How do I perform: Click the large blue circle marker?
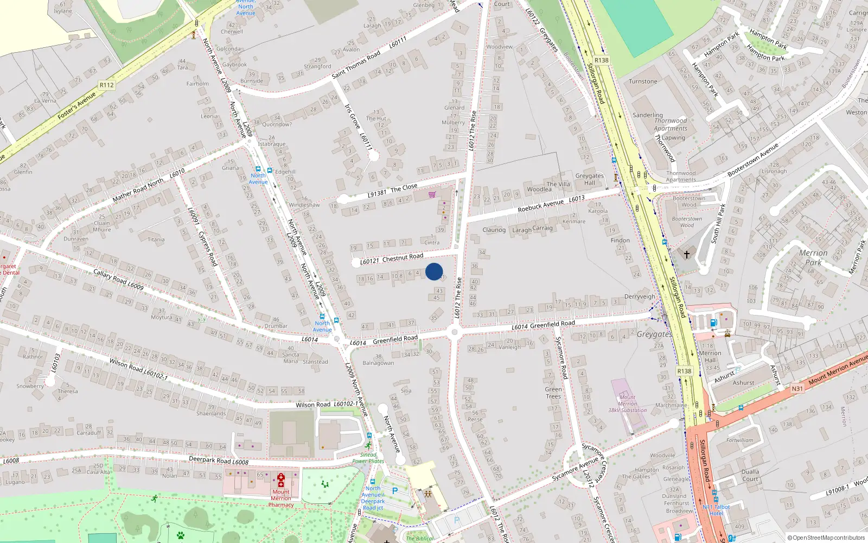click(x=434, y=271)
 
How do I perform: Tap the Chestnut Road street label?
click(x=403, y=257)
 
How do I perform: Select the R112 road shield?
click(x=107, y=85)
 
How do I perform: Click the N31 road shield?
click(x=797, y=388)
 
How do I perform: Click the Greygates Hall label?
click(x=589, y=179)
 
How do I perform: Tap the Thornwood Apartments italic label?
click(x=671, y=125)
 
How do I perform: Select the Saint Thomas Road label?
click(x=356, y=65)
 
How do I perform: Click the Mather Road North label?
click(x=138, y=190)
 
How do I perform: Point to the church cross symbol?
click(x=686, y=254)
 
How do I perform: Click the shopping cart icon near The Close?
click(x=432, y=194)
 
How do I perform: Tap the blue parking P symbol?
click(x=395, y=491)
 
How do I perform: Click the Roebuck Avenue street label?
click(x=541, y=205)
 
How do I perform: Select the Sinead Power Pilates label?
click(x=368, y=458)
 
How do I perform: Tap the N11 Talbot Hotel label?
click(x=716, y=510)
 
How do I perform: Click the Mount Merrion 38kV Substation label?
click(x=627, y=403)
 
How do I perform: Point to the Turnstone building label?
click(x=643, y=81)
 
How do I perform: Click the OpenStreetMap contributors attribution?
click(x=826, y=538)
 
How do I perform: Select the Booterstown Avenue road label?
click(x=753, y=160)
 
